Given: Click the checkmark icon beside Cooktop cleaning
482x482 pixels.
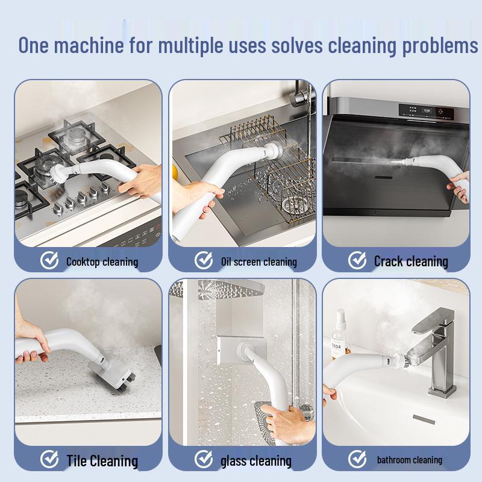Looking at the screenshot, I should pos(49,261).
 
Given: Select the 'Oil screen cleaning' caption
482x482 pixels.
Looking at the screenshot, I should pos(259,261).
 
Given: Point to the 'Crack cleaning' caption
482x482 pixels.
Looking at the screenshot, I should pos(411,261).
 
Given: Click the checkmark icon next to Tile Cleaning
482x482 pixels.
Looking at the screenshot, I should pos(49,460).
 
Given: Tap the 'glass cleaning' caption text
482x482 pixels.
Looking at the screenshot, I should pos(256,461).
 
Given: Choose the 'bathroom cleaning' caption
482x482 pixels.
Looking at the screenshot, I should pos(410,460).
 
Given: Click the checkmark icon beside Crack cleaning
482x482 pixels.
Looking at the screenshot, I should pos(357,261).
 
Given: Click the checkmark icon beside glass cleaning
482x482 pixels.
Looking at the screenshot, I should pos(204,461).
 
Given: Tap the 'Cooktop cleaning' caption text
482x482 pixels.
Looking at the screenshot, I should pos(102,261).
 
